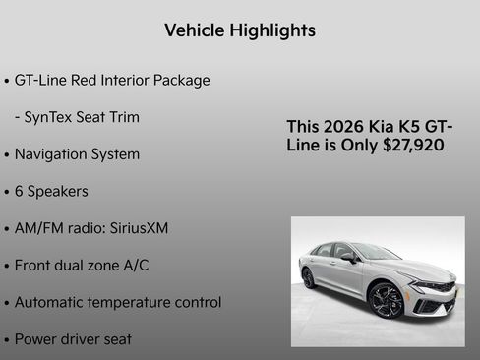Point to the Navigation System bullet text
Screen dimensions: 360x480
tap(77, 154)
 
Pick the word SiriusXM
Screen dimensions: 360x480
tap(138, 228)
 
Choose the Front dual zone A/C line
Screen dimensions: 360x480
tap(82, 265)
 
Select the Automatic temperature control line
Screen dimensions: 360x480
tap(117, 302)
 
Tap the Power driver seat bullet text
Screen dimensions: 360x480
tap(73, 339)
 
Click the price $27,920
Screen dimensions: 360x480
tap(413, 145)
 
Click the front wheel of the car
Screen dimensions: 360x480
tap(386, 301)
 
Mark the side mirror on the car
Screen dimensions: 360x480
tap(349, 258)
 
